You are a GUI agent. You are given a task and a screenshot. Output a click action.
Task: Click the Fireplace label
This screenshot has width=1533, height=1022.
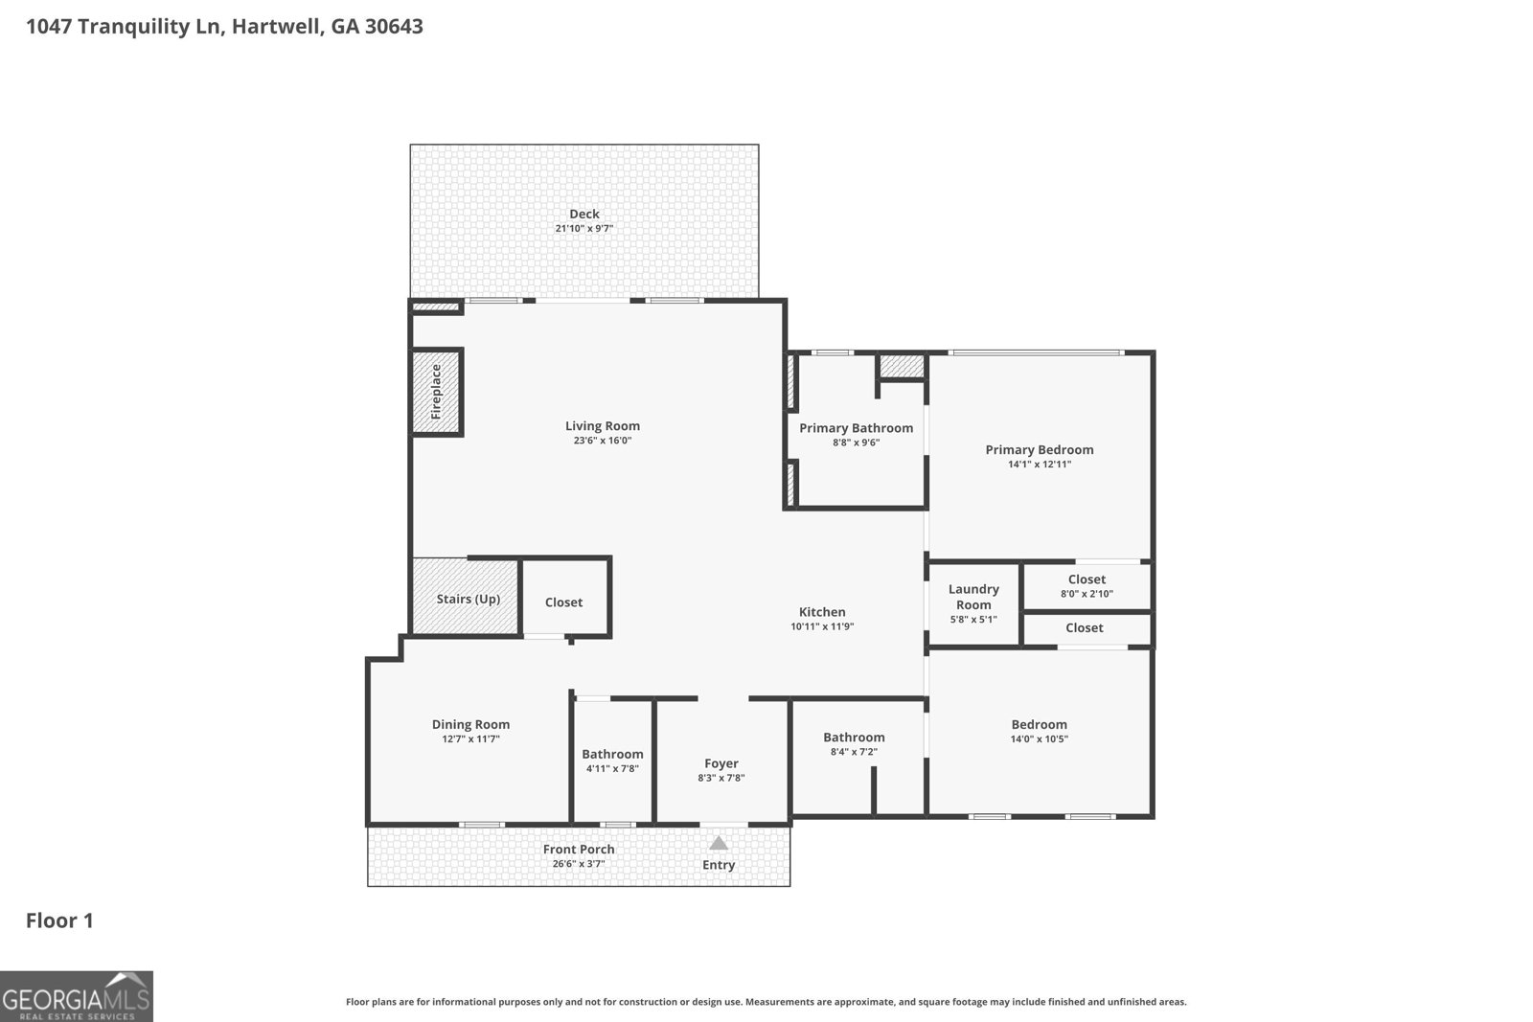[436, 392]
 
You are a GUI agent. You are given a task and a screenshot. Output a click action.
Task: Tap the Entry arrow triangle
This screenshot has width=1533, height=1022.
[718, 843]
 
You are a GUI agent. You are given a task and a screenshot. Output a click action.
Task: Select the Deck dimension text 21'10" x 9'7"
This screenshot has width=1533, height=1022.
[583, 229]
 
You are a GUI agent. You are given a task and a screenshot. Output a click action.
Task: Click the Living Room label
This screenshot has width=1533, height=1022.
[603, 425]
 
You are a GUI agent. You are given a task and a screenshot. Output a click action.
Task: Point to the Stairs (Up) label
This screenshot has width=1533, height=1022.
[469, 600]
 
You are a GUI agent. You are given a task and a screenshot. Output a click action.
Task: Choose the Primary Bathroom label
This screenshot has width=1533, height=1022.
[857, 428]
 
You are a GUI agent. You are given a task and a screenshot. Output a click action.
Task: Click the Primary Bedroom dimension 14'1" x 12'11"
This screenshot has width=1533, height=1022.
[1039, 465]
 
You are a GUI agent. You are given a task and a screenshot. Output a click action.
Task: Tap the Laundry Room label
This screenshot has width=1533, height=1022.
[973, 597]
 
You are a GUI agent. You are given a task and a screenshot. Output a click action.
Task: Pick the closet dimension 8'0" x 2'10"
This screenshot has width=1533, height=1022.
[1087, 594]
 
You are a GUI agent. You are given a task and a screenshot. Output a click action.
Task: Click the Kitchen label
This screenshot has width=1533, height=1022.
[822, 612]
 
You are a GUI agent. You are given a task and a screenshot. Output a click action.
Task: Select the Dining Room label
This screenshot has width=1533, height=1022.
[470, 724]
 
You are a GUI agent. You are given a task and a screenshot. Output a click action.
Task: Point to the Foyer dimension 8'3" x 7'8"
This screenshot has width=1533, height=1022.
[721, 778]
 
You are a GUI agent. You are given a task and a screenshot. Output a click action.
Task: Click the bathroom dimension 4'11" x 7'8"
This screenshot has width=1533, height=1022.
[612, 769]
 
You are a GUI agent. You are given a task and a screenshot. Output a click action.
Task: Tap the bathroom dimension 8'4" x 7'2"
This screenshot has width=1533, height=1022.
[854, 752]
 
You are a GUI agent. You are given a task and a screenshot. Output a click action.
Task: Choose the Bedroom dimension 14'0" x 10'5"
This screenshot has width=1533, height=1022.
[1039, 738]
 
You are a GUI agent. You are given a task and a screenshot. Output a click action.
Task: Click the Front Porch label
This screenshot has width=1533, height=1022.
[579, 849]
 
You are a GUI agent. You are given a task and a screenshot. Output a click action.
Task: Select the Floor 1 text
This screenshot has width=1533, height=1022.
[59, 920]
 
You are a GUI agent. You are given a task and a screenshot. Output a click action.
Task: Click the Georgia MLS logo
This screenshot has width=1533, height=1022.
[76, 996]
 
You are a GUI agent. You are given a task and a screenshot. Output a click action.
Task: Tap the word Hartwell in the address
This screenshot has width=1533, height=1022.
[277, 27]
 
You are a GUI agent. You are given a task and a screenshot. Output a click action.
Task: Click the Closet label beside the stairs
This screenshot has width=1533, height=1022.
[563, 602]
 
